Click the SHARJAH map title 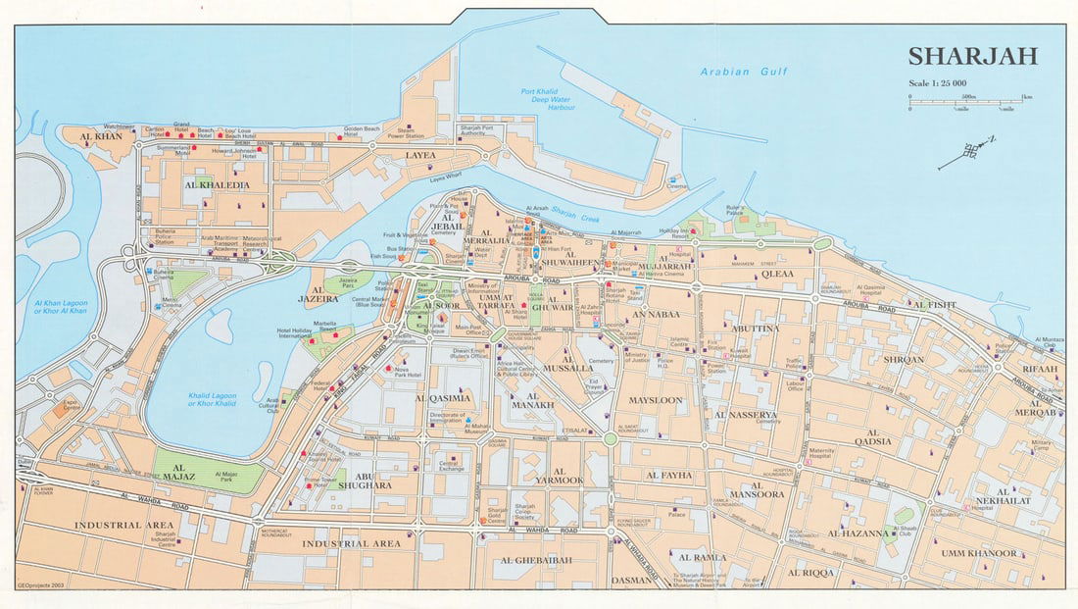coord(971,57)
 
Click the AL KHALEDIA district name coord(217,184)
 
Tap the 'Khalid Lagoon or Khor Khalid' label coord(213,400)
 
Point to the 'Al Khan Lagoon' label coord(61,307)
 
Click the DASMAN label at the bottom coord(629,580)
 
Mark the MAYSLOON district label coord(656,400)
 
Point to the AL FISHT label coord(935,305)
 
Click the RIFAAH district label coord(1040,370)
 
